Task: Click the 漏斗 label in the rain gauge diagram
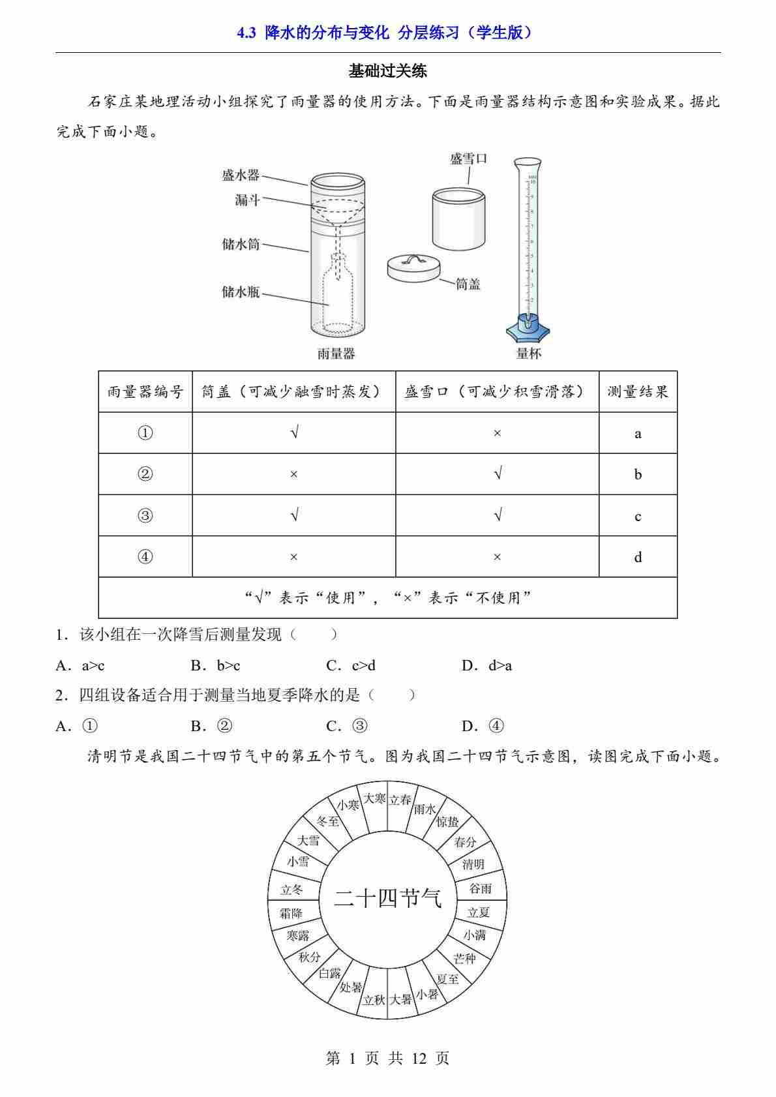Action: [247, 200]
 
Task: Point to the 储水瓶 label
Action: [241, 292]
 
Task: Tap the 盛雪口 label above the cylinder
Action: [468, 158]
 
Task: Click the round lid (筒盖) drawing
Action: [413, 268]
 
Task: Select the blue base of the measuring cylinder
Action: [528, 329]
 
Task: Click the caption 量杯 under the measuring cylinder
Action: [528, 353]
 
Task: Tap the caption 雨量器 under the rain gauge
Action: [336, 353]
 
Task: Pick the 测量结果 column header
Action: [638, 392]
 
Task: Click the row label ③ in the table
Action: [145, 516]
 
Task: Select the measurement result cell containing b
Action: [638, 474]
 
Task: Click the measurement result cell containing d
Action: [638, 557]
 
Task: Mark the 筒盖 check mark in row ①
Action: [294, 432]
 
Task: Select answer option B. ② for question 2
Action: [212, 726]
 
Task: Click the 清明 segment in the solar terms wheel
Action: [473, 865]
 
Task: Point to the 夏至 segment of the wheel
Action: [447, 979]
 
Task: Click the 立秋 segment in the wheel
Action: [374, 1000]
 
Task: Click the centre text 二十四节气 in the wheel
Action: [387, 899]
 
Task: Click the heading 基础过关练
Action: [388, 71]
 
